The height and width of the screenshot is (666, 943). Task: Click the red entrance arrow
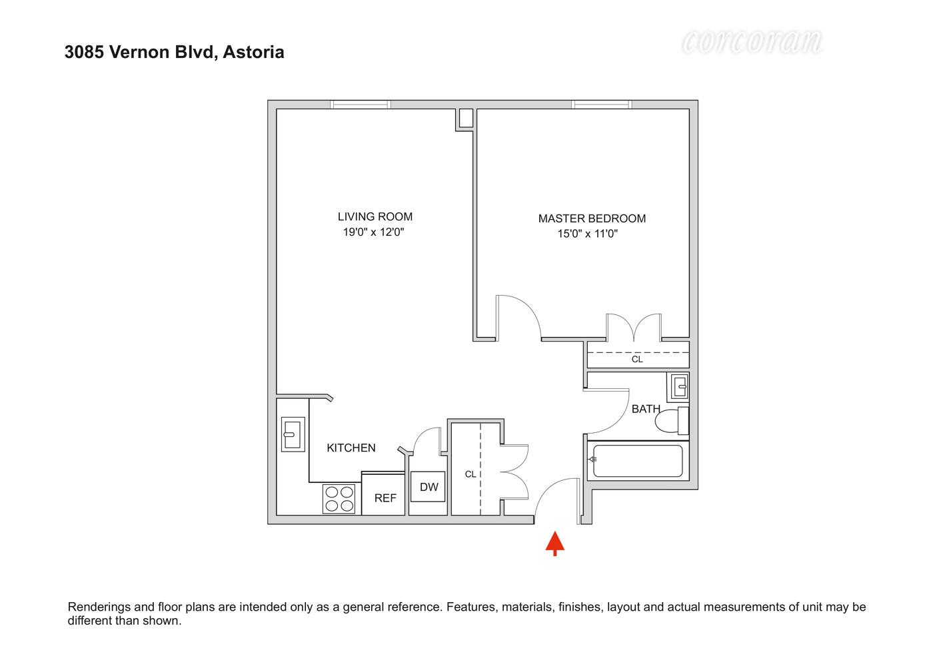pos(555,542)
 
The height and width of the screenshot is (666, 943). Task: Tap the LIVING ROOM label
pos(375,216)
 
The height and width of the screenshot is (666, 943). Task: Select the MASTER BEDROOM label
pos(592,218)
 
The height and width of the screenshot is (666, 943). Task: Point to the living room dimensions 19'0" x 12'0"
pos(374,232)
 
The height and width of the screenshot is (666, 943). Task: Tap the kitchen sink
pos(293,434)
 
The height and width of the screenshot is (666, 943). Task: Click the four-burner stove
pos(339,499)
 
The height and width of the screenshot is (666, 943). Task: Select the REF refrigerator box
pos(385,498)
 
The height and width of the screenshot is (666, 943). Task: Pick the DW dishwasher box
pos(429,488)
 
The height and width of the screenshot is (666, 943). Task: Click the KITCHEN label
pos(351,448)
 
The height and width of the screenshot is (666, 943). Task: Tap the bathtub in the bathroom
pos(638,461)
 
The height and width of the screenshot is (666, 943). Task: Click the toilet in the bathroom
pos(672,421)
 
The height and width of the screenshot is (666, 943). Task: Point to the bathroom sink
pos(679,386)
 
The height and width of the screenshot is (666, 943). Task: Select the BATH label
pos(646,409)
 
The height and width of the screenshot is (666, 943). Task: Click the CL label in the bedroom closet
pos(637,360)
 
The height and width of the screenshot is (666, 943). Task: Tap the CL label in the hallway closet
pos(471,474)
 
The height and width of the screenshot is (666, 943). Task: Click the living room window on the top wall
pos(361,104)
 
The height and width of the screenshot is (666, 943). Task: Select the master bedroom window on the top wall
pos(601,104)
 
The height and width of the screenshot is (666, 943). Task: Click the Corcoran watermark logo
pos(752,41)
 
